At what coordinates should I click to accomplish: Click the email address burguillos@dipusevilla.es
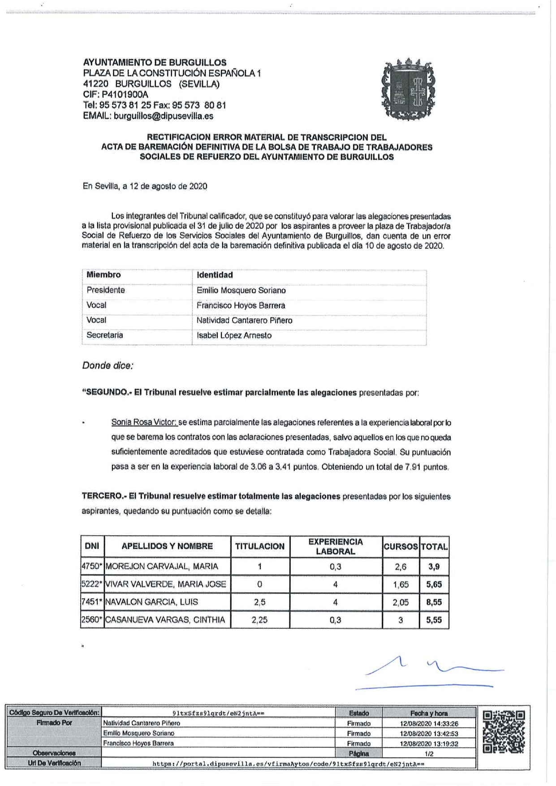[164, 116]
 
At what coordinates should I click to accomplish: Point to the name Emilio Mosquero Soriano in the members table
[241, 290]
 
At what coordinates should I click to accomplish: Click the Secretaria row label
[105, 335]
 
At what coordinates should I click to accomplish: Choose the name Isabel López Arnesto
[234, 335]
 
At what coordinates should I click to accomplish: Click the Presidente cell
[106, 290]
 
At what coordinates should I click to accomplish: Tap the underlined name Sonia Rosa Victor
[144, 422]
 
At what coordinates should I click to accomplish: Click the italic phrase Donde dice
[108, 365]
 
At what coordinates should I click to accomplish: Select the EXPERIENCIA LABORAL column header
[336, 546]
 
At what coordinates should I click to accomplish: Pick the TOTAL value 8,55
[434, 602]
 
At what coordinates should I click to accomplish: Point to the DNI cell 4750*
[92, 567]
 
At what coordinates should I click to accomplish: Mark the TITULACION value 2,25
[259, 620]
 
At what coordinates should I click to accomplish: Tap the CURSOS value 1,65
[401, 584]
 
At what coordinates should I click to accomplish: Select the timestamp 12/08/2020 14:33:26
[429, 723]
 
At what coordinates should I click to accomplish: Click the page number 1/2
[429, 754]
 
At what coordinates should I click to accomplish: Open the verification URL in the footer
[288, 764]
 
